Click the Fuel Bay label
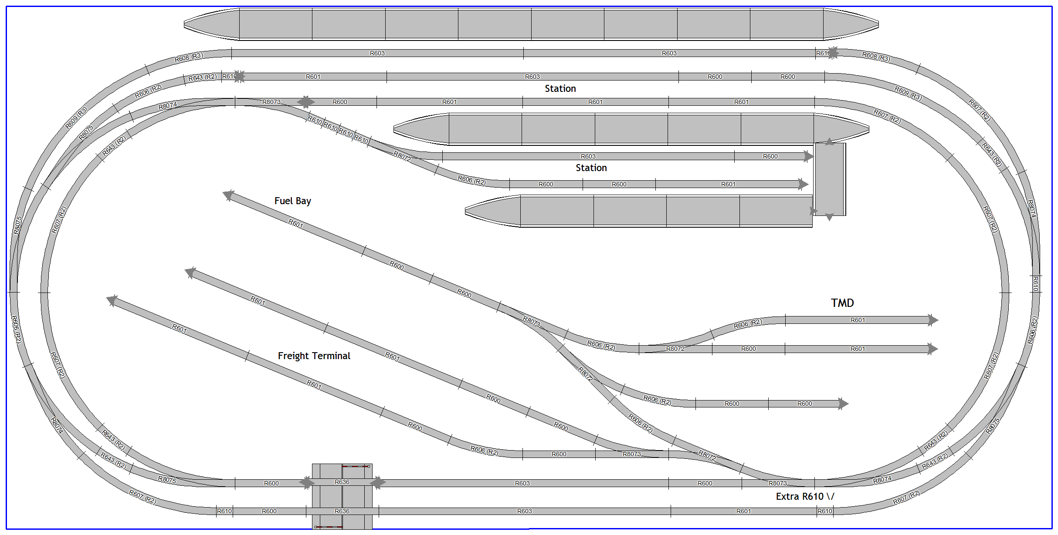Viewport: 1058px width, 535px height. point(292,201)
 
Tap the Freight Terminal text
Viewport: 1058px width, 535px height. point(314,356)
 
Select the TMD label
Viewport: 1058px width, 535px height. point(842,303)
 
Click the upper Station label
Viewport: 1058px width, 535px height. point(560,88)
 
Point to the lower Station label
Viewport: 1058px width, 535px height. point(591,168)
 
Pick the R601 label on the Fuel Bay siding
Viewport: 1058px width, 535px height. point(295,224)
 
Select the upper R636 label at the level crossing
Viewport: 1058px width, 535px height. point(342,482)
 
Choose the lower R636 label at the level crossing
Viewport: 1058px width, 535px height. point(342,511)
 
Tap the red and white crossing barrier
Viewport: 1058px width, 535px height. point(329,527)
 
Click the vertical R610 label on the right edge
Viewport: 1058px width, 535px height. point(1035,283)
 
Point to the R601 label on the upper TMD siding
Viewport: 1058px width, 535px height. point(858,320)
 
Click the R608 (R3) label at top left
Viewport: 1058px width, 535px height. point(189,57)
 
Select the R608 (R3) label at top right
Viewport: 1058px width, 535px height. point(876,57)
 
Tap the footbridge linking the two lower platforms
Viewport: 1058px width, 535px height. point(830,179)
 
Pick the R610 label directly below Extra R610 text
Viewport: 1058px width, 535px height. point(824,511)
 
